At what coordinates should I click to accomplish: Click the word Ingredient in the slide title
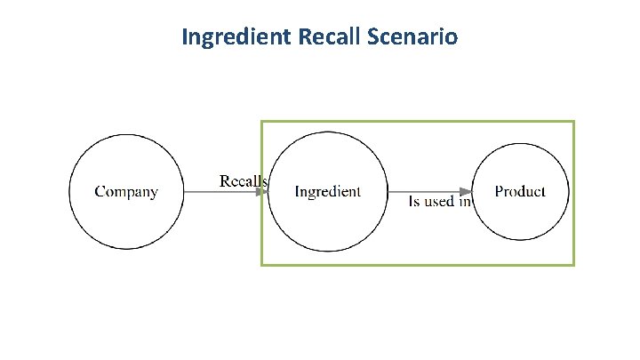234,37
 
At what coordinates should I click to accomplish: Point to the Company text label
126,191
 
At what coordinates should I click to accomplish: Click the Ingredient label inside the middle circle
328,191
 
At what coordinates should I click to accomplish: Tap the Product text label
520,191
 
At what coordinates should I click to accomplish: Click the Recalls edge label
244,180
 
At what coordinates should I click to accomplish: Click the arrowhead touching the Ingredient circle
263,191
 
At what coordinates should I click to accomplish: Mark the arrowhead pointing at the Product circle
466,191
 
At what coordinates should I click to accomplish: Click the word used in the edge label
439,202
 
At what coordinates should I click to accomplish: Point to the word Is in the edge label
413,202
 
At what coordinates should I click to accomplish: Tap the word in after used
463,202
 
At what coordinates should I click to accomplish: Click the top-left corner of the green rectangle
261,121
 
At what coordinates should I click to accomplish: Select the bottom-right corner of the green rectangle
573,264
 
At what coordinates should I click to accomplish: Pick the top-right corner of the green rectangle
573,121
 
